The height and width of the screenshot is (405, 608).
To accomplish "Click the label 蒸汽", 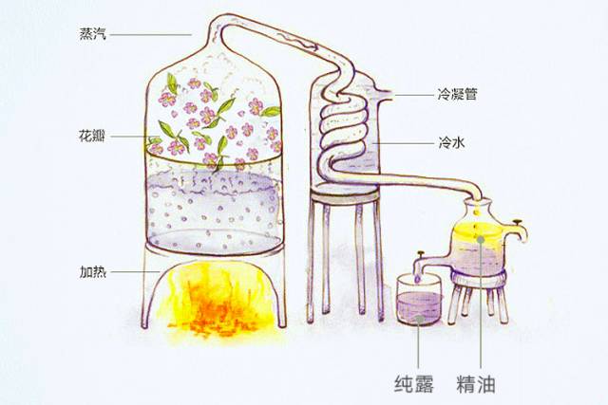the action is click(95, 35).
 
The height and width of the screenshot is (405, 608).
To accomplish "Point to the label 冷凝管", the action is click(457, 94).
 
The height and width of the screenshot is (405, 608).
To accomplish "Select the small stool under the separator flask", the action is click(479, 289).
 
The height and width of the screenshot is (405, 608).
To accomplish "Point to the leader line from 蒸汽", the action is click(152, 35).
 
